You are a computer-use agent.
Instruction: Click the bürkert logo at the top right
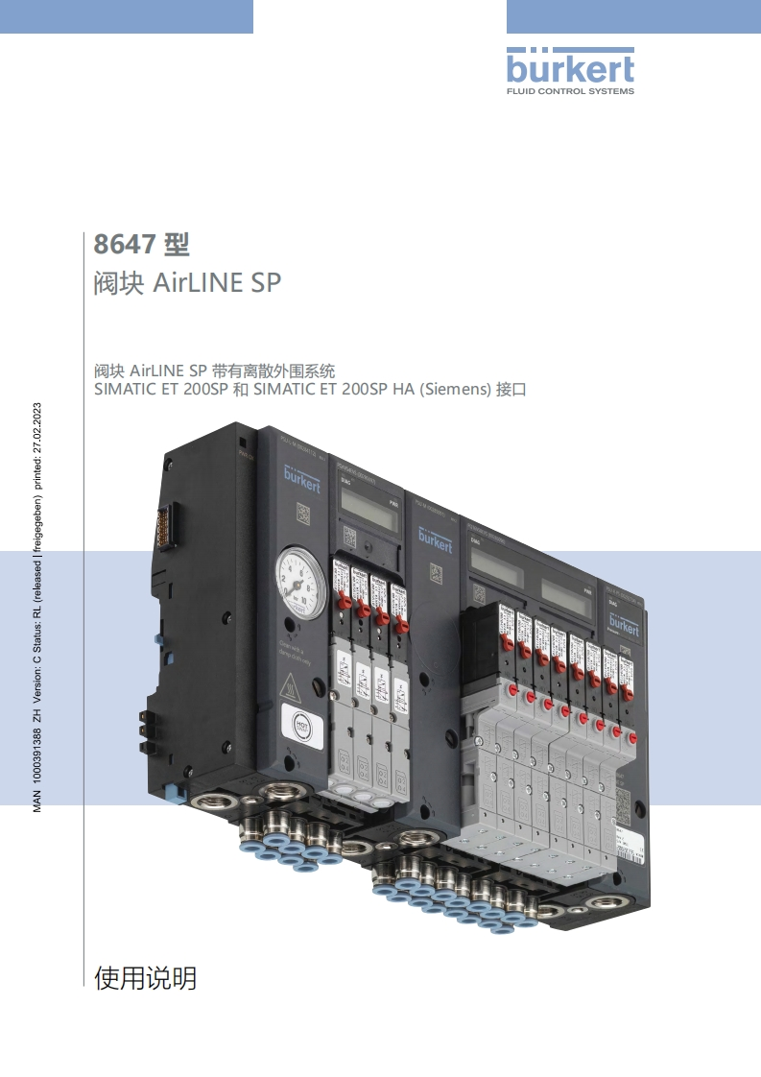click(x=570, y=69)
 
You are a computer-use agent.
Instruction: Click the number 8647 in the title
click(x=124, y=245)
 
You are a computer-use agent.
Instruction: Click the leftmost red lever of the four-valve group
click(x=341, y=605)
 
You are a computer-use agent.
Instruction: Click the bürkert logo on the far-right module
click(x=623, y=626)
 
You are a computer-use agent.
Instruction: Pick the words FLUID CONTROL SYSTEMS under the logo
click(x=570, y=91)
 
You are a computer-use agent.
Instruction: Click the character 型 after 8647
click(x=178, y=245)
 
